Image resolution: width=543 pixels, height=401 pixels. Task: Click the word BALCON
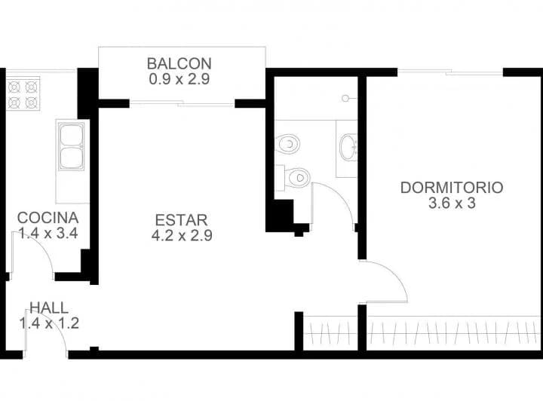pyautogui.click(x=179, y=63)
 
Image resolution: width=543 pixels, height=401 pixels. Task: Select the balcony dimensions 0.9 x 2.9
pyautogui.click(x=179, y=80)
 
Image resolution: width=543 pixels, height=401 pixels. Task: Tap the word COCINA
pyautogui.click(x=48, y=218)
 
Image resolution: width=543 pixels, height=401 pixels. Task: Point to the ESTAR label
pyautogui.click(x=182, y=220)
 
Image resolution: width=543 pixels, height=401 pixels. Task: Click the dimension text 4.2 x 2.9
pyautogui.click(x=182, y=236)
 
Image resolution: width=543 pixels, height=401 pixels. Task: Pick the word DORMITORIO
pyautogui.click(x=452, y=188)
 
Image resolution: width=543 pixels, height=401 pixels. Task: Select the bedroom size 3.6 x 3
pyautogui.click(x=452, y=203)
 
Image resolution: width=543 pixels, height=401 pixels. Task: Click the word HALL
pyautogui.click(x=48, y=308)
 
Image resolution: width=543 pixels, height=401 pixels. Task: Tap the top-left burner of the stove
pyautogui.click(x=14, y=87)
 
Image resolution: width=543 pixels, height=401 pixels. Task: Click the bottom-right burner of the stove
pyautogui.click(x=32, y=102)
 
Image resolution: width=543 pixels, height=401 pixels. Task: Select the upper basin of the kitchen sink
pyautogui.click(x=72, y=135)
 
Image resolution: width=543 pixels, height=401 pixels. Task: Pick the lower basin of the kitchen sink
pyautogui.click(x=72, y=158)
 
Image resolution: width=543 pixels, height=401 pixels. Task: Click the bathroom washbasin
pyautogui.click(x=348, y=148)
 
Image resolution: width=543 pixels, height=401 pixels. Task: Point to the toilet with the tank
pyautogui.click(x=293, y=178)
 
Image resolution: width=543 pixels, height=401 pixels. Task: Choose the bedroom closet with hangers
pyautogui.click(x=454, y=333)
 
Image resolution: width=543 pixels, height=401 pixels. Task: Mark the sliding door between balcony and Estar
pyautogui.click(x=183, y=103)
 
